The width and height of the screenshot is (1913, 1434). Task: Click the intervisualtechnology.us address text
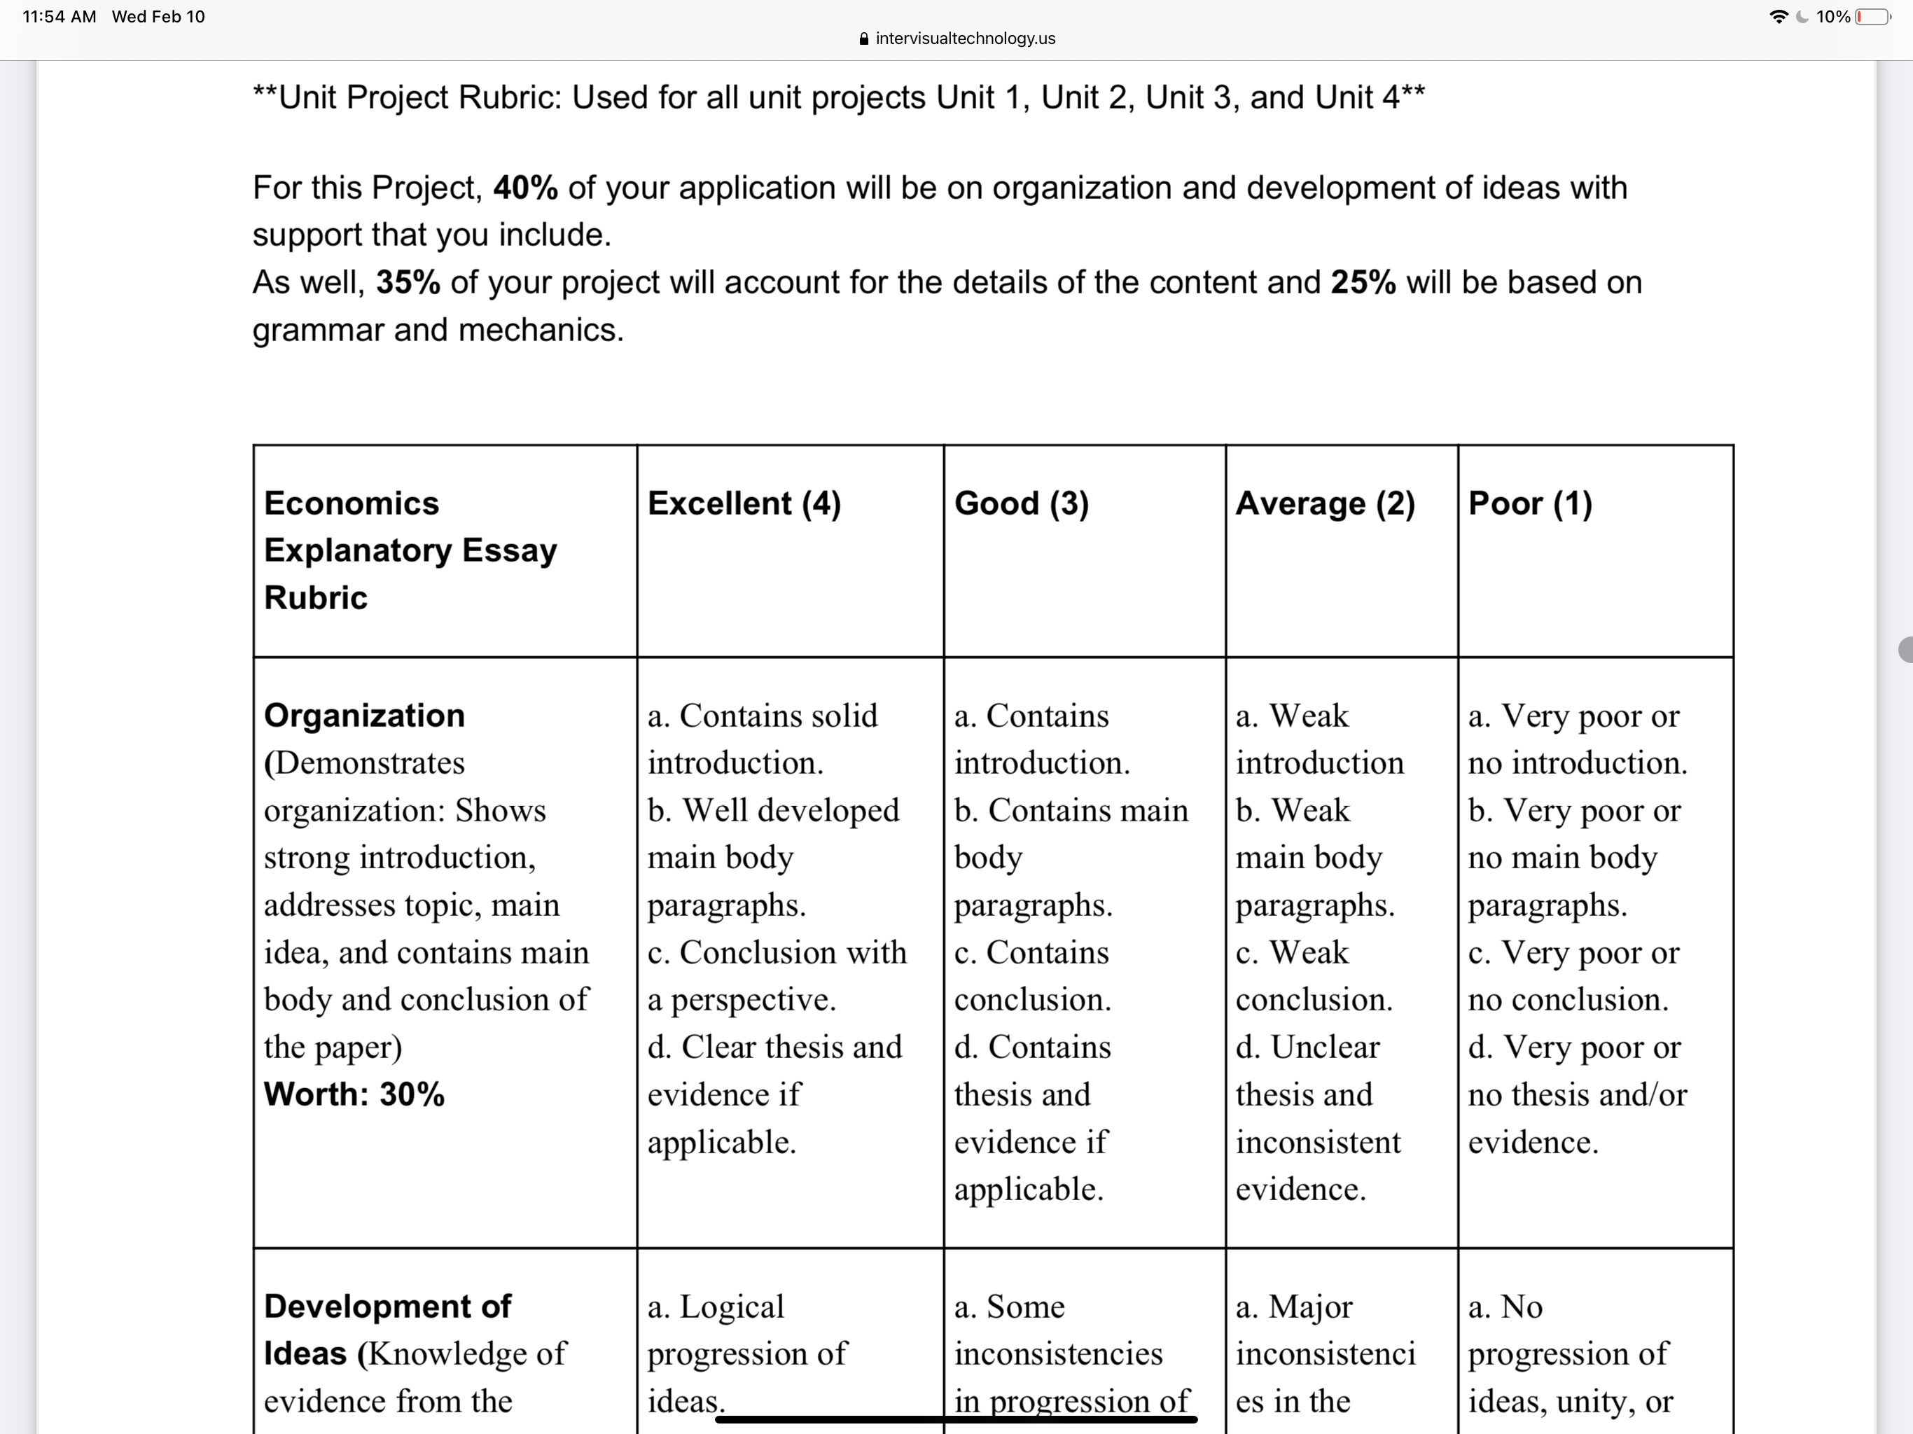(965, 38)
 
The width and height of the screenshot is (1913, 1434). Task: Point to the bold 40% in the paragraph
(525, 188)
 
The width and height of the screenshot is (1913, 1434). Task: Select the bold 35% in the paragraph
(408, 283)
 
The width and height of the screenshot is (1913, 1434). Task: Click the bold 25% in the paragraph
(1363, 283)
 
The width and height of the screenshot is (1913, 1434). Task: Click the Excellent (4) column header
(744, 503)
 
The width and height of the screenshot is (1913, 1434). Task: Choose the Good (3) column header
(1022, 503)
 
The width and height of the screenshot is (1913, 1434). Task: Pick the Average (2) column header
(1325, 503)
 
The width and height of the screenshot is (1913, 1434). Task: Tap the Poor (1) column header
(1530, 503)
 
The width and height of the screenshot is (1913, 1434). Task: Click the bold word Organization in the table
(364, 716)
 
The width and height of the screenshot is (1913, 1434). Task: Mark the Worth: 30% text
(354, 1095)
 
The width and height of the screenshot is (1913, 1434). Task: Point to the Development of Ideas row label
(387, 1330)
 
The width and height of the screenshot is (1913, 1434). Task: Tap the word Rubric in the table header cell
(316, 598)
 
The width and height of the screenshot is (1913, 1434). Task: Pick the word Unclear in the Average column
(1324, 1047)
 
